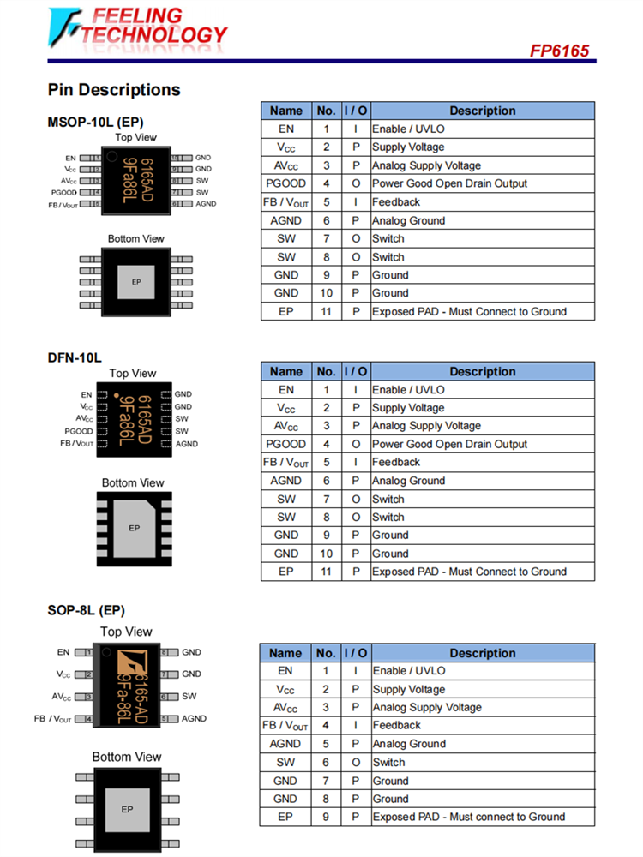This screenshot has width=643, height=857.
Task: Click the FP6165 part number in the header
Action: click(559, 51)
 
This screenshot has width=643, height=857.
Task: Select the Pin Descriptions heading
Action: click(114, 90)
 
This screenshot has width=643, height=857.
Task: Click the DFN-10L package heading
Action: click(75, 357)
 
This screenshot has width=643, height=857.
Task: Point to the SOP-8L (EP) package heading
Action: click(87, 610)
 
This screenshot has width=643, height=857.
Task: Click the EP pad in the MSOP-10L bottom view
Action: click(135, 282)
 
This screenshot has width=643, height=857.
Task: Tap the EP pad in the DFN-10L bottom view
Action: click(134, 528)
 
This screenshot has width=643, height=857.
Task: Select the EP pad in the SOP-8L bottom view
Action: click(127, 809)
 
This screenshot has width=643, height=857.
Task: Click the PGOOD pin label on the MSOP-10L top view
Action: click(70, 193)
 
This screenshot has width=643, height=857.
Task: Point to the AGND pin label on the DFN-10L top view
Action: click(186, 444)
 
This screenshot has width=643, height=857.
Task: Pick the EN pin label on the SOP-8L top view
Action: click(63, 652)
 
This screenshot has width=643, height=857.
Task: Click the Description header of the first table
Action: click(482, 111)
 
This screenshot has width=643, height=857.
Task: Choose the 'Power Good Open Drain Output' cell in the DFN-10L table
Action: click(449, 444)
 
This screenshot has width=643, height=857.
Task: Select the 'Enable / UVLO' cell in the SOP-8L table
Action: click(409, 671)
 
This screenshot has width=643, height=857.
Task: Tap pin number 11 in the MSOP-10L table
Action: click(326, 311)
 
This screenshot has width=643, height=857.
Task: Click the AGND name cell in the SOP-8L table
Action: click(285, 744)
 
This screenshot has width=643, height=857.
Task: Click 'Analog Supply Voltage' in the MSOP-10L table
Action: click(426, 165)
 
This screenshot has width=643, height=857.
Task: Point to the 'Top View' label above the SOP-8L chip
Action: click(126, 632)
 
